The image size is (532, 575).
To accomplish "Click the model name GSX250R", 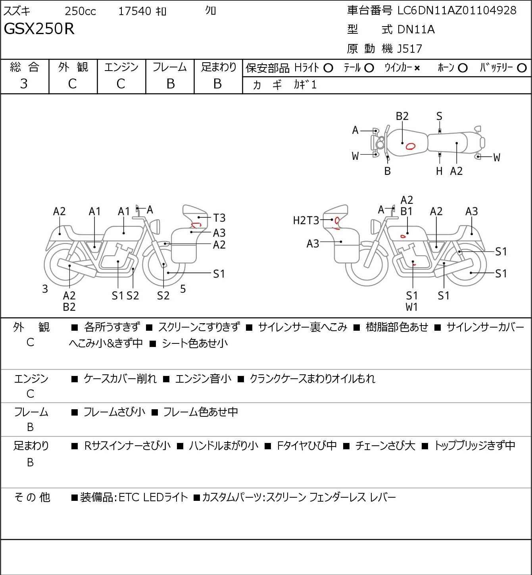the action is point(39,29).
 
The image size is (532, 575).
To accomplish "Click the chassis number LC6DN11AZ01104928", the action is point(457,11).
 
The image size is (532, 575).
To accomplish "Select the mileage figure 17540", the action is point(135,11).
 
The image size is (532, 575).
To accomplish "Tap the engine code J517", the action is point(410,49).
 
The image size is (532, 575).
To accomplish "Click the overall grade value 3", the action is point(24,84).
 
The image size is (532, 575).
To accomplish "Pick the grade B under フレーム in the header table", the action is point(170,84).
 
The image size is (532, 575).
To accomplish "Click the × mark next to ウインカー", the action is point(417,68).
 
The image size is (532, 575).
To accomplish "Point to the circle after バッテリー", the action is point(522,68).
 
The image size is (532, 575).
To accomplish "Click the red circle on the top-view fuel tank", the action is point(410,146).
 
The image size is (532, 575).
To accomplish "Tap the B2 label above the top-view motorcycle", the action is point(402,116).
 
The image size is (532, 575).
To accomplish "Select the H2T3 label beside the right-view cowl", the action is point(306,220).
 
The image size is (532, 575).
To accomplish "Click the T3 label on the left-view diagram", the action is point(219,218).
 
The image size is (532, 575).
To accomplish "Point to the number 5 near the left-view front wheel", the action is point(183,289).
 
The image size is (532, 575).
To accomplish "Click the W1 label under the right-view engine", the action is point(412,307).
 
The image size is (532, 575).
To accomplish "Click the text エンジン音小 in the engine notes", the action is point(204,379).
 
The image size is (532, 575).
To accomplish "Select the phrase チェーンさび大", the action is point(385,446).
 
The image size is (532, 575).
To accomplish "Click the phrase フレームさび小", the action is point(114,412).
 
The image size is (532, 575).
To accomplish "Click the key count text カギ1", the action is point(305,85).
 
